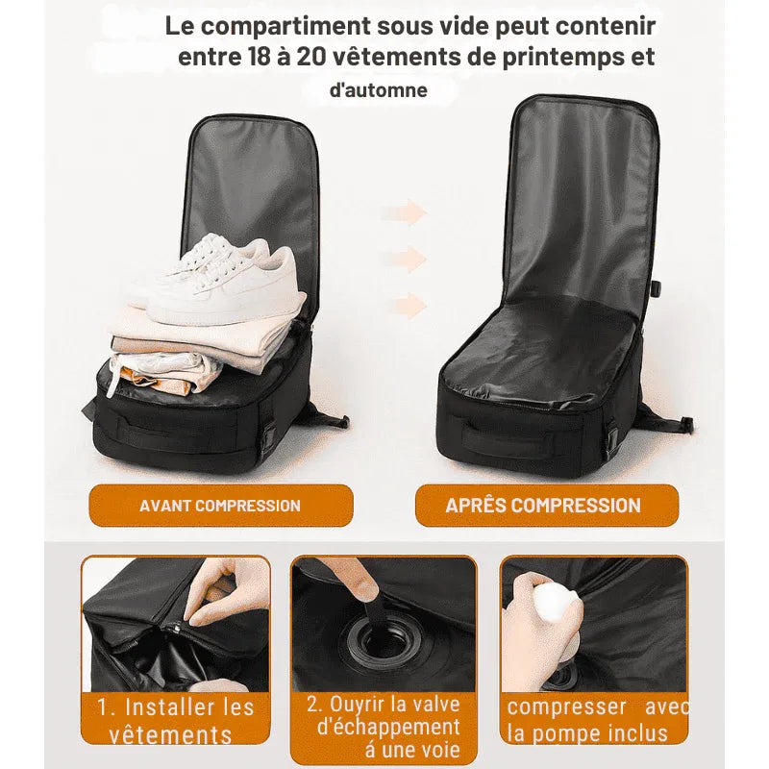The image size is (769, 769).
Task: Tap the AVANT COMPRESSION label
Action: (220, 506)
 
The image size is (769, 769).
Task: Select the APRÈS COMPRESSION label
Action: (543, 506)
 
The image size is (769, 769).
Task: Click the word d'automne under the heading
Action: (379, 90)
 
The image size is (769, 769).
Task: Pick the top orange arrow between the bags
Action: (403, 212)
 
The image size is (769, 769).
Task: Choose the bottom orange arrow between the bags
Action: (409, 305)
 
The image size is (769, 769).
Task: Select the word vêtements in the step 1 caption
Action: (170, 735)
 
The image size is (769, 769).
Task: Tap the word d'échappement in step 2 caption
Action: (388, 728)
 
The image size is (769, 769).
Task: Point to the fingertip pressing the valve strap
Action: (365, 583)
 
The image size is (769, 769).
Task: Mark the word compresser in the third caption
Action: (566, 707)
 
